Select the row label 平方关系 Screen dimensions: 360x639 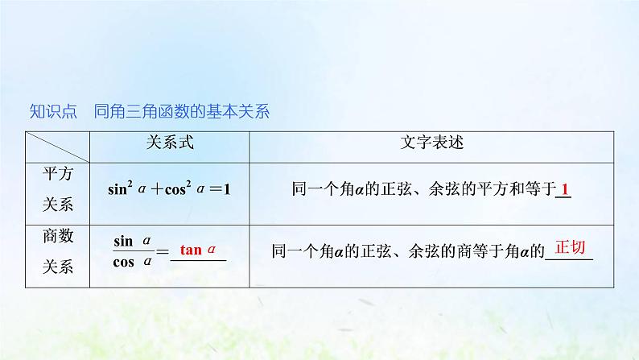point(57,189)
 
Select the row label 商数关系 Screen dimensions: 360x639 point(57,250)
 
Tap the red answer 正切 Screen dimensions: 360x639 point(571,247)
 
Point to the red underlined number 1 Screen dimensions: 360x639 point(566,190)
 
